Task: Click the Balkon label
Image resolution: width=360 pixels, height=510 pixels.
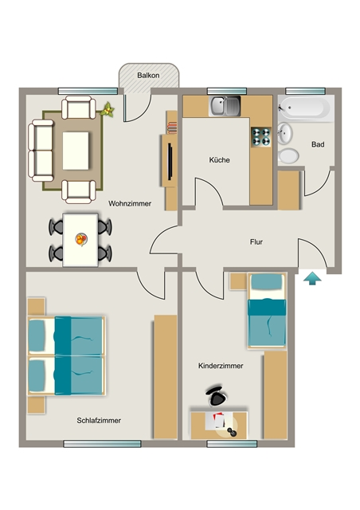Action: tap(148, 76)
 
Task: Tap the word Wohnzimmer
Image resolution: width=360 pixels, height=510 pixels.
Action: tap(130, 204)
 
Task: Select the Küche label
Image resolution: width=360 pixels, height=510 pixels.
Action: tap(220, 160)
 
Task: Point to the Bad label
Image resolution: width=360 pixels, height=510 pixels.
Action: tap(318, 144)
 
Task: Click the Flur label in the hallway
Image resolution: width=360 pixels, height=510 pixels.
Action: tap(256, 242)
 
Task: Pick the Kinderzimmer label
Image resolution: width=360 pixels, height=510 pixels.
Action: tap(221, 366)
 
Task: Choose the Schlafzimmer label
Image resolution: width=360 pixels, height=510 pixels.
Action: tap(99, 421)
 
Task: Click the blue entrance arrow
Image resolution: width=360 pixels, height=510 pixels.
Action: tap(312, 279)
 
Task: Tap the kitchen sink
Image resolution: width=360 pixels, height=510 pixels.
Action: tap(225, 106)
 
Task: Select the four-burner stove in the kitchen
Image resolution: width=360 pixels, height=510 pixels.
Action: tap(261, 136)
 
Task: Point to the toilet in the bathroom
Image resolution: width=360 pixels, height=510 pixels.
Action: tap(288, 156)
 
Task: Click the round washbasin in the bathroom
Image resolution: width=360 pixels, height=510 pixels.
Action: tap(285, 133)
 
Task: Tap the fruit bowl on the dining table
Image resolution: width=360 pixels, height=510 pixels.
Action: tap(81, 239)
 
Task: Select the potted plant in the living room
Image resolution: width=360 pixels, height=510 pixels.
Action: tap(108, 110)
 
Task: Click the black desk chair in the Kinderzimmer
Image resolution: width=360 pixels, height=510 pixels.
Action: tap(217, 396)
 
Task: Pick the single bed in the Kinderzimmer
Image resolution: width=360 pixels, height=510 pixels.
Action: tap(267, 311)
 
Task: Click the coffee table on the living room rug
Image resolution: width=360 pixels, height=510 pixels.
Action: tap(76, 151)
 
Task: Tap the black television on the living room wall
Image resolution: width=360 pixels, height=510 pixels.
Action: tap(170, 161)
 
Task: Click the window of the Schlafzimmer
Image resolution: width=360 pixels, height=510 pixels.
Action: tap(102, 444)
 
